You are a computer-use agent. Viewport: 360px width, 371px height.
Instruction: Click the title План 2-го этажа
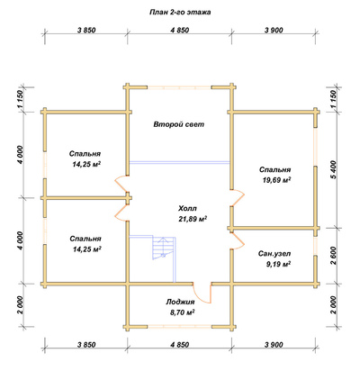pyautogui.click(x=180, y=13)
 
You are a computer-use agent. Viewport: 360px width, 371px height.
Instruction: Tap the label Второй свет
pyautogui.click(x=179, y=124)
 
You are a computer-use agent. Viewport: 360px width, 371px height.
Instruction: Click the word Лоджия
pyautogui.click(x=180, y=302)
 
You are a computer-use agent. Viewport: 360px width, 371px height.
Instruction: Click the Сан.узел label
pyautogui.click(x=274, y=254)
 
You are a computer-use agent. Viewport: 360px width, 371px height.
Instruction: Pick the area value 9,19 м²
pyautogui.click(x=278, y=265)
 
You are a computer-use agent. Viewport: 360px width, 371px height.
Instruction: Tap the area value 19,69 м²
pyautogui.click(x=276, y=180)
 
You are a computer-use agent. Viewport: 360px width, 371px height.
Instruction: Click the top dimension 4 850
pyautogui.click(x=180, y=31)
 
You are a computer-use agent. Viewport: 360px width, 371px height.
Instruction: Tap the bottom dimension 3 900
pyautogui.click(x=274, y=345)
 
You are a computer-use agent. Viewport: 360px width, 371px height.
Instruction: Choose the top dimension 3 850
pyautogui.click(x=86, y=31)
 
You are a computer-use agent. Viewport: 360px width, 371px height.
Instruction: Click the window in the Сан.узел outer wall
pyautogui.click(x=316, y=246)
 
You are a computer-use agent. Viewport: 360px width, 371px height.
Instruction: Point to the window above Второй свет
pyautogui.click(x=179, y=87)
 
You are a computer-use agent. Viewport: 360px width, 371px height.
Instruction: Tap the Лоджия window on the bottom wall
pyautogui.click(x=179, y=327)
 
